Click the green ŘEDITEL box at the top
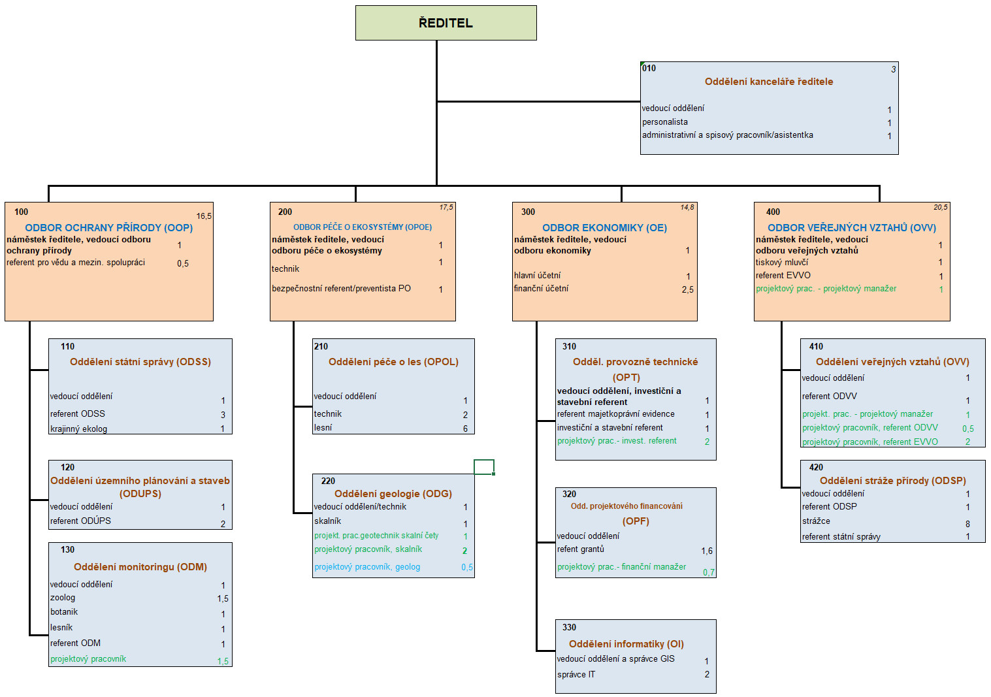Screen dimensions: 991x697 tap(446, 23)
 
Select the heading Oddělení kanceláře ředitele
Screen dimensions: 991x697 tap(768, 82)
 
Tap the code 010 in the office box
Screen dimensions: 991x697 tap(649, 68)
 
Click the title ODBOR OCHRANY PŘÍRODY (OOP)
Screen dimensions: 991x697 tap(109, 228)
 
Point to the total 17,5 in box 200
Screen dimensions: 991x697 tap(446, 208)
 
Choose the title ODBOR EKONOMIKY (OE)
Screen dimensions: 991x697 tap(604, 228)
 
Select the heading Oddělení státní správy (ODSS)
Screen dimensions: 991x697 tap(140, 362)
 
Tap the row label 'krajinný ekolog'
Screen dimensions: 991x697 tap(79, 429)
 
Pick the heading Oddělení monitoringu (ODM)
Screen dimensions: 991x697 tap(140, 567)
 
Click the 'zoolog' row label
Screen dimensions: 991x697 tap(63, 598)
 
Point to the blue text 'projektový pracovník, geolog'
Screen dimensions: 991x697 tap(367, 567)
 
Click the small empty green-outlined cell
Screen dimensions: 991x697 tap(484, 467)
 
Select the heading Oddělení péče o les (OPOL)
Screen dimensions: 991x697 tap(393, 362)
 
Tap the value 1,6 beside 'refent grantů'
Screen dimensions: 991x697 tap(707, 551)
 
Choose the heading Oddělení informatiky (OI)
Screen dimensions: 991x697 tap(626, 644)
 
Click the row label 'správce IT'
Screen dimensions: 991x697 tap(576, 674)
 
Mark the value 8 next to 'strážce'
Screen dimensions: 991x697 tap(967, 524)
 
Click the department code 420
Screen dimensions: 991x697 tap(816, 468)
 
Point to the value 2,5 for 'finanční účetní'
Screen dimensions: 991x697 tap(687, 289)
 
